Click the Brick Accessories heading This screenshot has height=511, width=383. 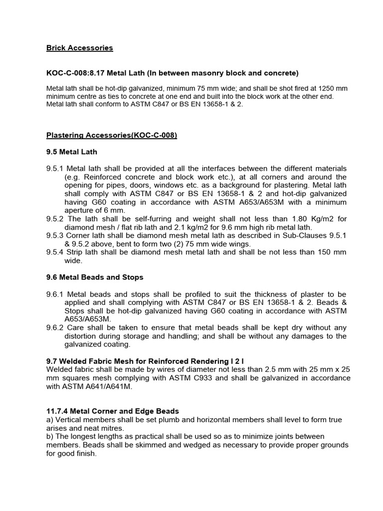(79, 48)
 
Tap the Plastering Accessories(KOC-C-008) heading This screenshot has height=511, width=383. (112, 135)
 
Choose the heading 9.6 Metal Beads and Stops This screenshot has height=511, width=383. (94, 277)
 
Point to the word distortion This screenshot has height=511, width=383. (82, 336)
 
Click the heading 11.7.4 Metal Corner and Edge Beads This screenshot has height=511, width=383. (113, 411)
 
